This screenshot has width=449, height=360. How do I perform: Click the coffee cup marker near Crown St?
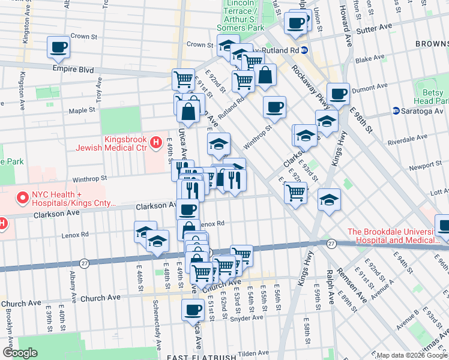[x=59, y=47]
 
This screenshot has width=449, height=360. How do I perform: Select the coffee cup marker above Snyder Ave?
[x=193, y=310]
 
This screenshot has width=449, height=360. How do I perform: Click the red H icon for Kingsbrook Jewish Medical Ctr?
[x=155, y=142]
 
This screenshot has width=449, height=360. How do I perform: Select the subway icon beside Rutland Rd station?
[x=304, y=50]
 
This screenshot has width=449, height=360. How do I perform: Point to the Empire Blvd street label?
[x=73, y=70]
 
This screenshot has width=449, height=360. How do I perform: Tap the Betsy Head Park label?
[x=430, y=96]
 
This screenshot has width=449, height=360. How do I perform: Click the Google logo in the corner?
[x=19, y=353]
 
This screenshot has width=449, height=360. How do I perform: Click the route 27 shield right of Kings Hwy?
[x=331, y=243]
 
